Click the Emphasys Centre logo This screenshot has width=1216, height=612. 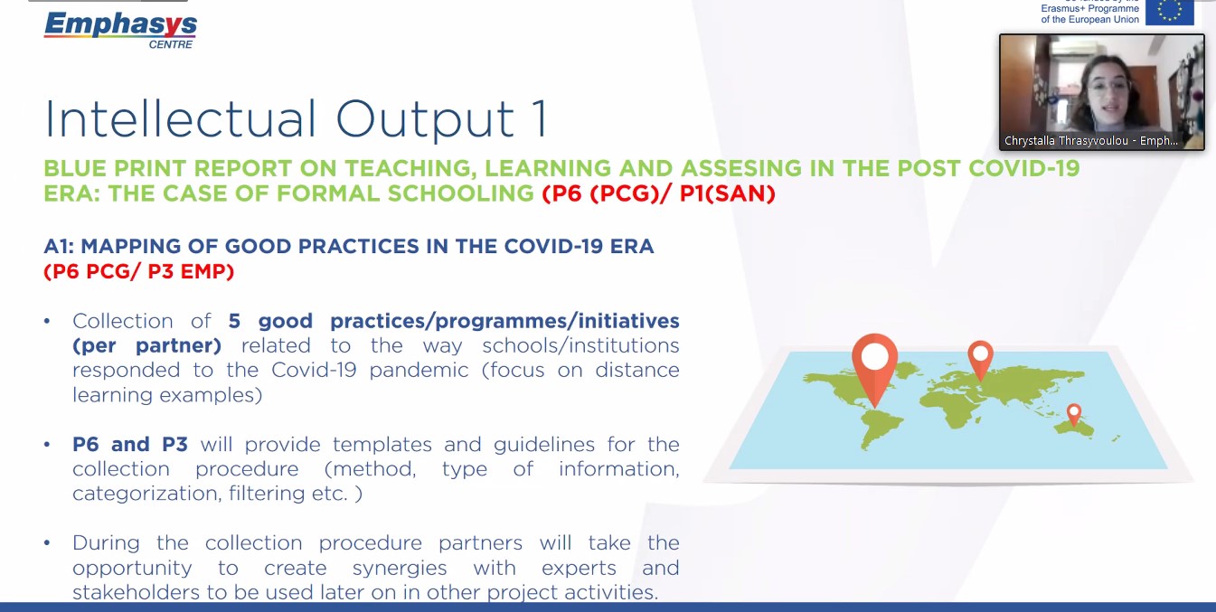(120, 31)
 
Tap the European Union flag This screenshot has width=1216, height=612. (1169, 12)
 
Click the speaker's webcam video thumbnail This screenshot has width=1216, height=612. (1101, 92)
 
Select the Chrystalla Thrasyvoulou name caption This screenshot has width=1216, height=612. (1090, 141)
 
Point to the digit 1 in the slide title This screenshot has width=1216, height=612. (539, 119)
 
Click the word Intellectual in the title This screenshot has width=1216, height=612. (180, 118)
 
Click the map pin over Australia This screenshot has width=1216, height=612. (1074, 415)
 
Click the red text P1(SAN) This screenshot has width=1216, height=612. (728, 193)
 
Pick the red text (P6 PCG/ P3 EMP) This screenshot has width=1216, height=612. (139, 271)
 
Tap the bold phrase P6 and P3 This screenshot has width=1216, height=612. (130, 444)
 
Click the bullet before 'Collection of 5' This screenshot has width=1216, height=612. (47, 322)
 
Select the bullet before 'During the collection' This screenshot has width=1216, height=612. (47, 543)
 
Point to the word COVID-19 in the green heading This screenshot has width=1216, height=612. (1023, 168)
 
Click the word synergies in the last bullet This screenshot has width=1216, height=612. (400, 568)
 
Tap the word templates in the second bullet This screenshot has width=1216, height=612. (382, 445)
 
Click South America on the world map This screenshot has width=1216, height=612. (880, 429)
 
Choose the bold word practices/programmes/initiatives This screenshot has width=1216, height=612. (504, 322)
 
